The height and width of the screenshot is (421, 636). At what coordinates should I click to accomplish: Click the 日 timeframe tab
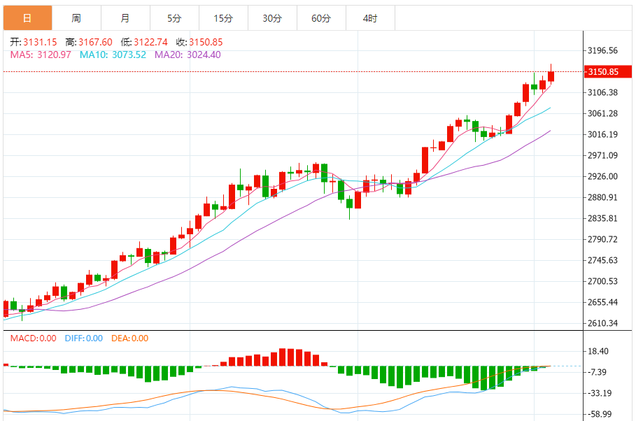click(x=27, y=18)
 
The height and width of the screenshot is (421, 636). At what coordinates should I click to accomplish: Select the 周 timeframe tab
click(x=76, y=18)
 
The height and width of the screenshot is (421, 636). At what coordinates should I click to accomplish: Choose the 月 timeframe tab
click(x=125, y=18)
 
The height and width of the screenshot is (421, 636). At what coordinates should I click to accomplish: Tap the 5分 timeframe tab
click(x=174, y=18)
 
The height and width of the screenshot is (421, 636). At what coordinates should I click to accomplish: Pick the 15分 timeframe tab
click(x=223, y=18)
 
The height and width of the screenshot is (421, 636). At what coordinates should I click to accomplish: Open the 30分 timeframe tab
click(x=272, y=18)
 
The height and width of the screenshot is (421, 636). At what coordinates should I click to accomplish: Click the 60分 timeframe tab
click(x=321, y=18)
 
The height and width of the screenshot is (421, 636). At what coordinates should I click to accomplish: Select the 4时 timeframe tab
click(x=370, y=18)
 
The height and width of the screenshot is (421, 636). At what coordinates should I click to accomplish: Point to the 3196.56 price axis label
click(x=602, y=50)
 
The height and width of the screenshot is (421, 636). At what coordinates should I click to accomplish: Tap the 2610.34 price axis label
click(x=602, y=323)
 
